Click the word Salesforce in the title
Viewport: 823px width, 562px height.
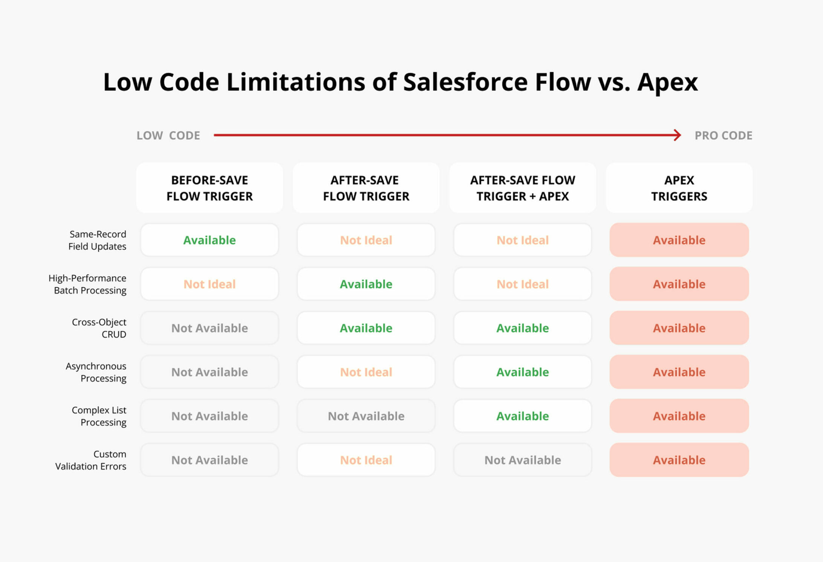coord(465,82)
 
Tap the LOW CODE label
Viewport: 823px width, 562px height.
coord(168,136)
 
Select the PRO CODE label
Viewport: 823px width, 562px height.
coord(724,136)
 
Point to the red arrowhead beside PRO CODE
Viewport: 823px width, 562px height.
coord(678,135)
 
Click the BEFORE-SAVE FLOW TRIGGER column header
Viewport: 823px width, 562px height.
coord(210,188)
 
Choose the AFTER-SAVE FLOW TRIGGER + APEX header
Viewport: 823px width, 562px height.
coord(523,188)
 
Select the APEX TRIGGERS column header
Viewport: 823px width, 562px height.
coord(679,188)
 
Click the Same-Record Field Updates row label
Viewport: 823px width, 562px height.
coord(97,240)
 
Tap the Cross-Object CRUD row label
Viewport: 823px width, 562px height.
coord(99,328)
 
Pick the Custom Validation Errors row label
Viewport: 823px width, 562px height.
coord(91,460)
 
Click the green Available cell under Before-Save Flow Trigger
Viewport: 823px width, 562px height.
coord(210,240)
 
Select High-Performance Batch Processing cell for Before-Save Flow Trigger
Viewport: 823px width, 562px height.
coord(210,284)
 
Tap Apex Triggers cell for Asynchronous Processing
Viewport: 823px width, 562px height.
coord(679,372)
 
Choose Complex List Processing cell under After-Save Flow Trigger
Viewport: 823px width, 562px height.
coord(366,416)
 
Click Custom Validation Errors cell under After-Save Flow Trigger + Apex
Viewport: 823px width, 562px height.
coord(523,460)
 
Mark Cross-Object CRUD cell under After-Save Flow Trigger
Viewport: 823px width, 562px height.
coord(366,328)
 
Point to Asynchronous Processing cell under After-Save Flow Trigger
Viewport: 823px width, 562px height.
coord(366,372)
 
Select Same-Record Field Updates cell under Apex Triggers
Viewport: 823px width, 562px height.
coord(679,240)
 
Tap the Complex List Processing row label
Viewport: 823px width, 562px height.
coord(99,416)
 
